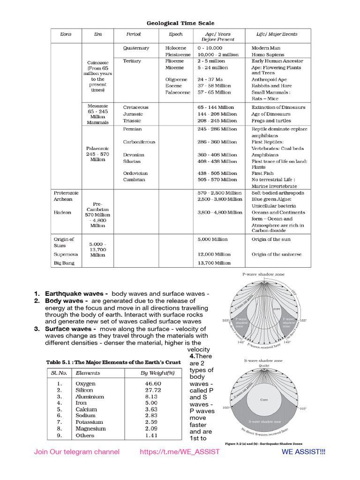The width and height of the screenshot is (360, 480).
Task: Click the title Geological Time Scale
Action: coord(180,23)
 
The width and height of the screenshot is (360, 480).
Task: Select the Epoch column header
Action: coord(176,34)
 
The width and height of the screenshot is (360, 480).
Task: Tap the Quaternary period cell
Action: coord(136,48)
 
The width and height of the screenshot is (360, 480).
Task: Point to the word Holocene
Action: coord(175,48)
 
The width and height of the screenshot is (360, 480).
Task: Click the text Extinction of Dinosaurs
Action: coord(278,107)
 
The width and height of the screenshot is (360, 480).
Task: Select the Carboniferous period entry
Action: coord(139,142)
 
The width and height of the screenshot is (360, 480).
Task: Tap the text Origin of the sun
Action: coord(271,239)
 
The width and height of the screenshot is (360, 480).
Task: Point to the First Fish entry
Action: coord(262,173)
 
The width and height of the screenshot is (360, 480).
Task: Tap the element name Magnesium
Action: coord(90,428)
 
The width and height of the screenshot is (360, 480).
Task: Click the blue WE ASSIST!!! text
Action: coord(303,452)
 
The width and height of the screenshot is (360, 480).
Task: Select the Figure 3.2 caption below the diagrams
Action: coord(263,443)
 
